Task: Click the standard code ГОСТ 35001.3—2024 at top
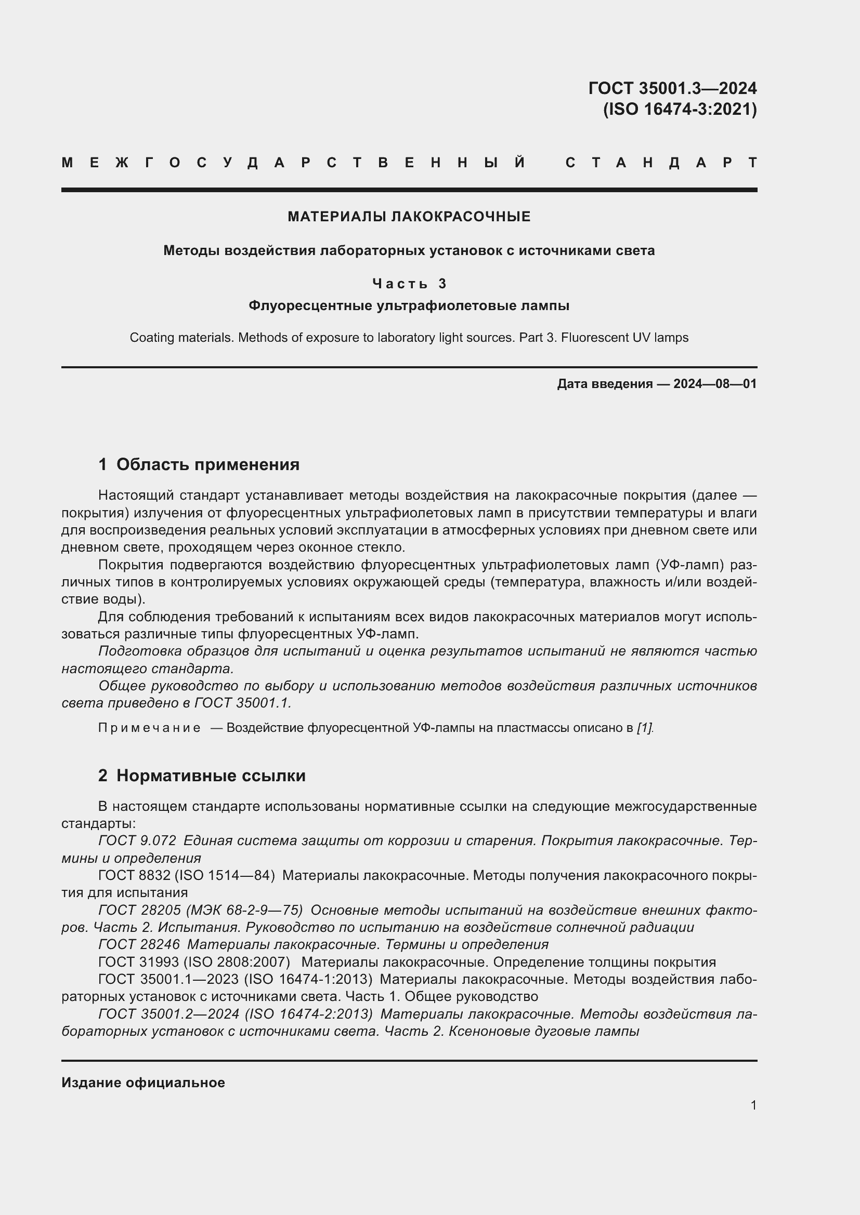click(x=672, y=88)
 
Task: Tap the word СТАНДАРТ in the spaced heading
click(x=661, y=163)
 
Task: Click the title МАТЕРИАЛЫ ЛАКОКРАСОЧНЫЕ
click(x=409, y=217)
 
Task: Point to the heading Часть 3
click(x=409, y=284)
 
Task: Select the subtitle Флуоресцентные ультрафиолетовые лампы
click(x=409, y=305)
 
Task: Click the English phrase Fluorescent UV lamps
click(x=624, y=338)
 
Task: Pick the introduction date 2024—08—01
click(x=714, y=384)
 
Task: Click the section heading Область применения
click(x=207, y=464)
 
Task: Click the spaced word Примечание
click(x=149, y=728)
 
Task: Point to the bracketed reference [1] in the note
click(x=644, y=728)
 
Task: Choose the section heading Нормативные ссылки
click(x=211, y=775)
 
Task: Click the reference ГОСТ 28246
click(x=139, y=944)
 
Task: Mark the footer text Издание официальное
click(x=143, y=1082)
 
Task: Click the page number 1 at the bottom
click(x=753, y=1105)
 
